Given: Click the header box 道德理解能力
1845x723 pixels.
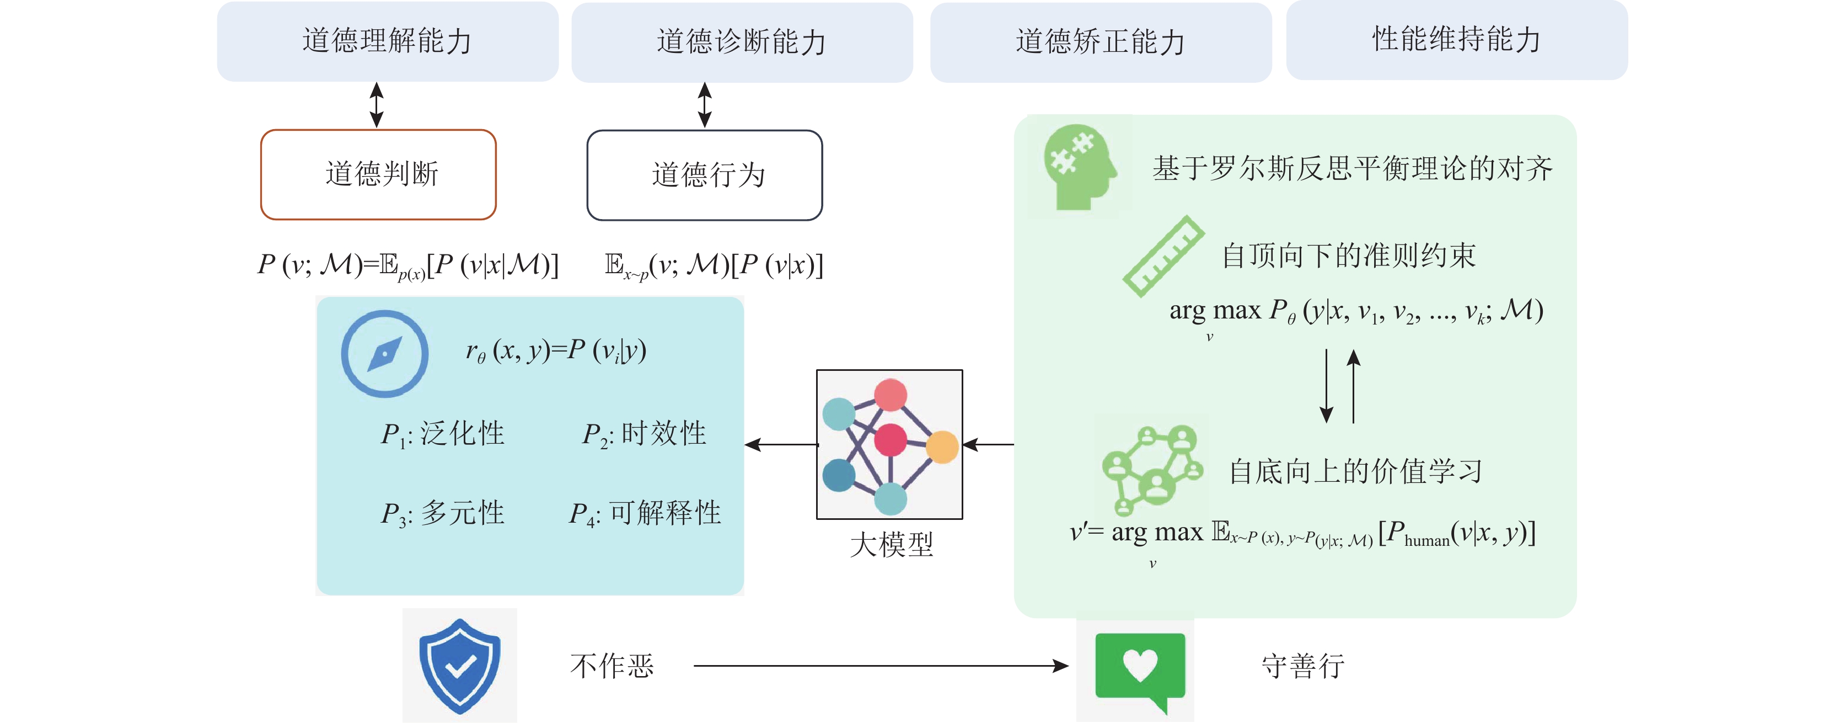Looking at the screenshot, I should point(388,41).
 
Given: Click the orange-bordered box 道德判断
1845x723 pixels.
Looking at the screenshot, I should point(378,174).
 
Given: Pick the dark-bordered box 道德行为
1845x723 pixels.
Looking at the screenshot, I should point(705,175).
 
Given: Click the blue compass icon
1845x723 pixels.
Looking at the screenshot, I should point(385,353).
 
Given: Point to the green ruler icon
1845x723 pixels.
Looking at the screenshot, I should point(1162,256).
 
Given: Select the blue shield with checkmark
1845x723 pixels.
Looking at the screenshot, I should point(459,666).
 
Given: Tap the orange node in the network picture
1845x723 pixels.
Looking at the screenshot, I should point(942,447).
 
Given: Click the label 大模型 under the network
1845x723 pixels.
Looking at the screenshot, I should point(891,545).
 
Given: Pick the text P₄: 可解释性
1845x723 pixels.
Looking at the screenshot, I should point(645,513).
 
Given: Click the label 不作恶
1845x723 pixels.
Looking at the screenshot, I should point(612,666).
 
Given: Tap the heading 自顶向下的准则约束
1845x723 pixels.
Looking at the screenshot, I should point(1348,256).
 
